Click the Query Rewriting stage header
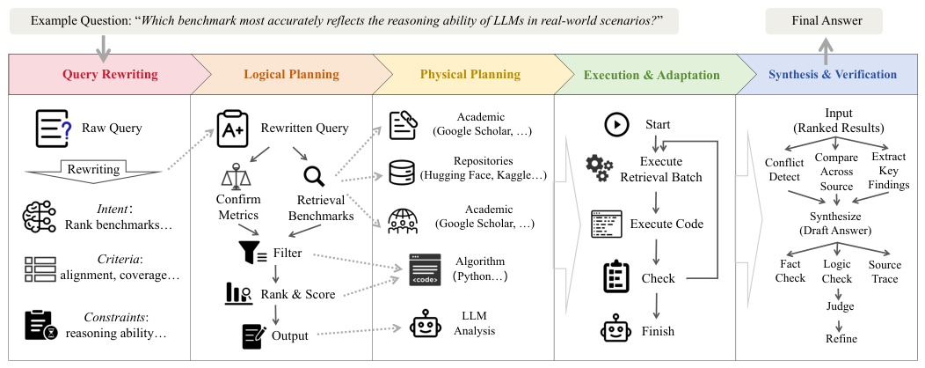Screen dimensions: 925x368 point(110,75)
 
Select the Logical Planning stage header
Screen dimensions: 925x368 point(291,75)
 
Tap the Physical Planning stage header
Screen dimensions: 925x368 point(470,75)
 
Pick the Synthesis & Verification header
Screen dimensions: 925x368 point(832,75)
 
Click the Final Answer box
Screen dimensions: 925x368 point(824,20)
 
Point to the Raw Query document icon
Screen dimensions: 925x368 point(54,129)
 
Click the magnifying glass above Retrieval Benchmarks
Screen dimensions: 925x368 point(314,176)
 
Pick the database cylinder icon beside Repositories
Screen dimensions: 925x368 point(403,172)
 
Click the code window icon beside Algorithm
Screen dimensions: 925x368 point(425,270)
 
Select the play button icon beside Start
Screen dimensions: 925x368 point(615,125)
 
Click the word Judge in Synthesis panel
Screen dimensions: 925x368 point(841,306)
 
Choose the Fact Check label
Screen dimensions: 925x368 point(790,271)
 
